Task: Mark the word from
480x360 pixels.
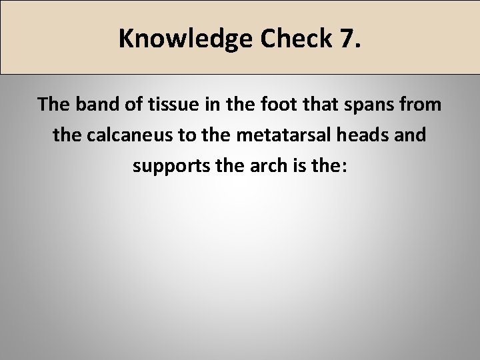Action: [417, 105]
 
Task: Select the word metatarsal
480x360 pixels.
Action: [271, 135]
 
